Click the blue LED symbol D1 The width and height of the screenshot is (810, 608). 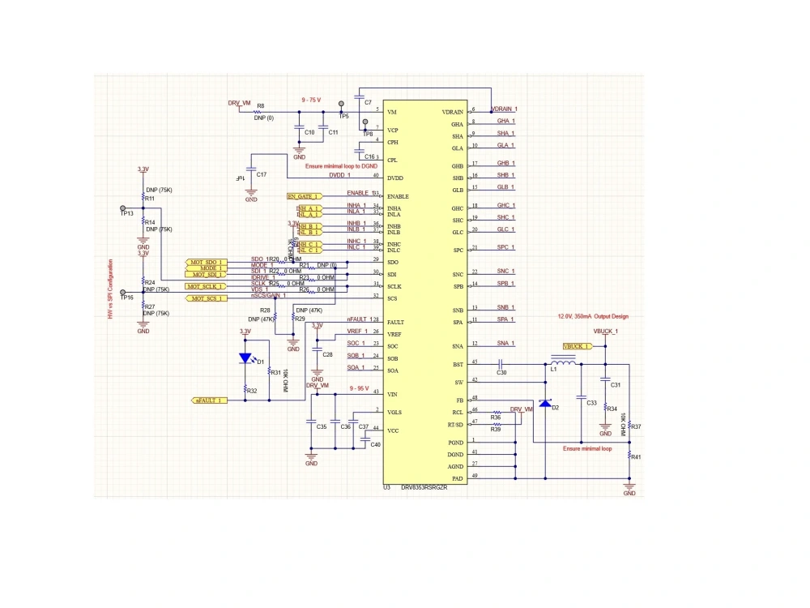[245, 358]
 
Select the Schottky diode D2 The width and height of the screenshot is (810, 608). [545, 403]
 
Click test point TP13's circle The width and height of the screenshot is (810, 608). [123, 208]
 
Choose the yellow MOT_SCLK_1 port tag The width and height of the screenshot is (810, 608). [205, 286]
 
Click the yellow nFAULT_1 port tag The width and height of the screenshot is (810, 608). [209, 400]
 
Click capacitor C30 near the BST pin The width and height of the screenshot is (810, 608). [501, 365]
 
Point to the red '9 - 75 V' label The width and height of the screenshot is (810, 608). [311, 100]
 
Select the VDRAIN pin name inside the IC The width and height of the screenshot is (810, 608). [452, 112]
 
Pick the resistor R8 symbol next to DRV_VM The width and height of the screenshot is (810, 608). [260, 112]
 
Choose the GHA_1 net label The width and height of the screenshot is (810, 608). [505, 121]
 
